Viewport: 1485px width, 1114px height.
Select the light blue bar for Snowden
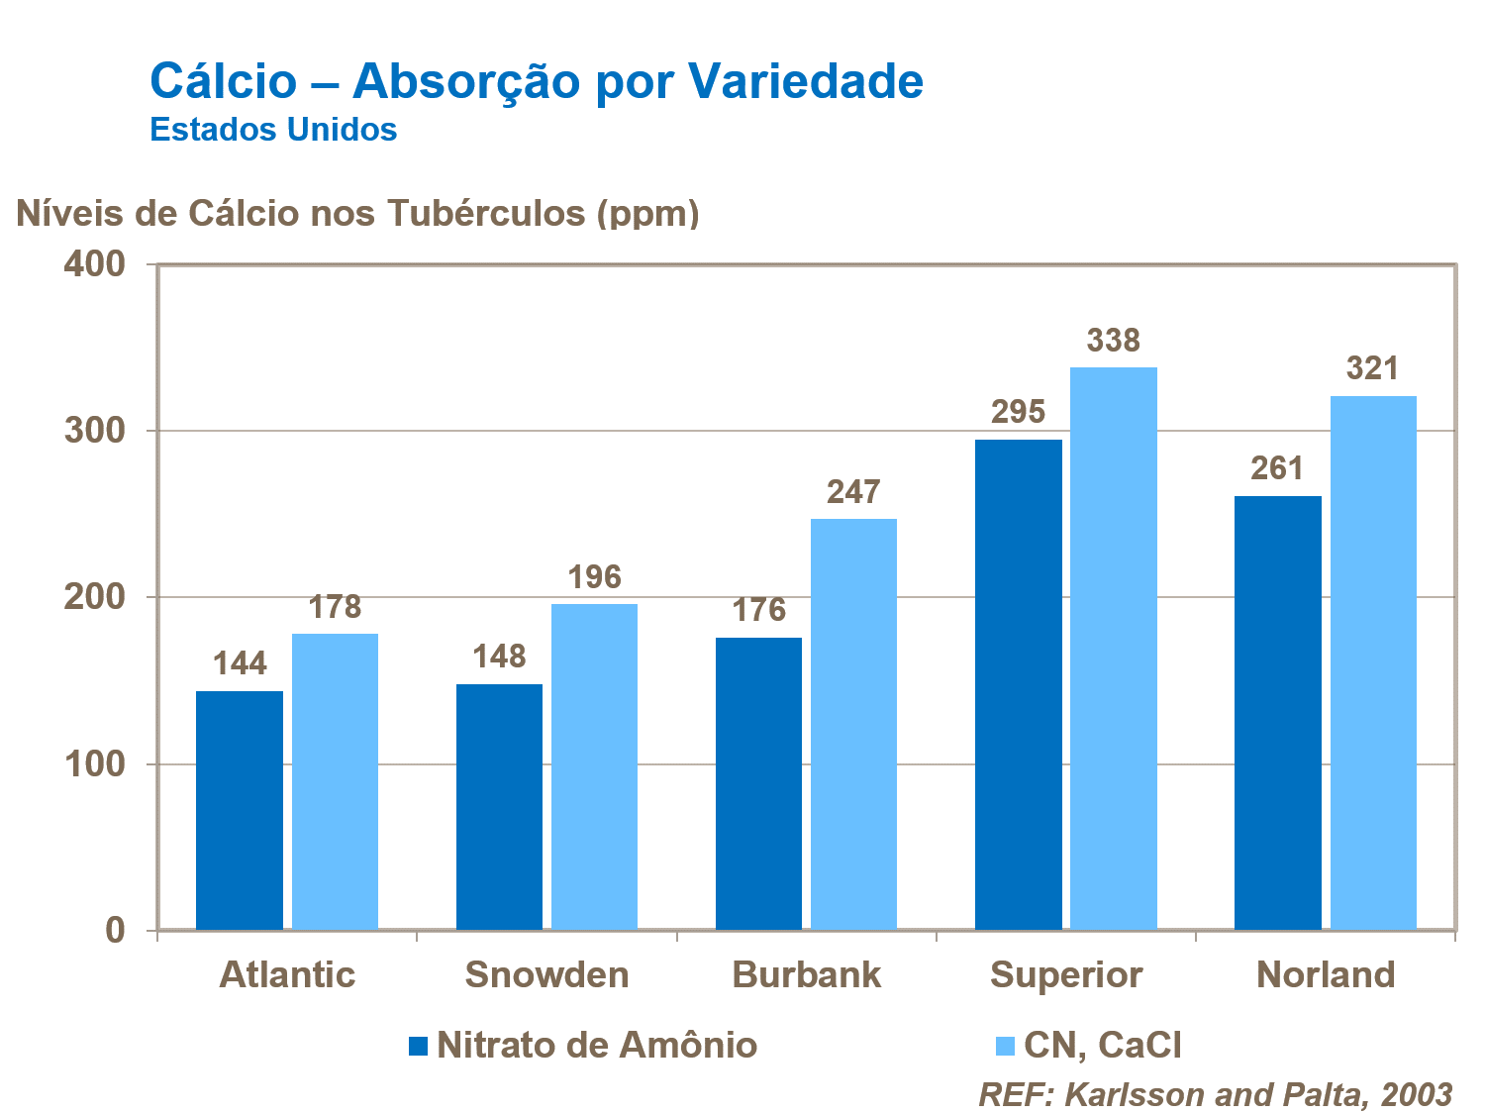point(594,766)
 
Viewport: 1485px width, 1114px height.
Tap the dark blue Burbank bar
point(758,783)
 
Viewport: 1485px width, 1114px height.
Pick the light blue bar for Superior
point(1114,648)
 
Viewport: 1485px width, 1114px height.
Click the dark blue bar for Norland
point(1277,712)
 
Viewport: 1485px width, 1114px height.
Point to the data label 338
point(1114,341)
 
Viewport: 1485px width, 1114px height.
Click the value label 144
point(240,663)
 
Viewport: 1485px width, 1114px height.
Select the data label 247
point(853,492)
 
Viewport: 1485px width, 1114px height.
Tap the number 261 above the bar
point(1277,468)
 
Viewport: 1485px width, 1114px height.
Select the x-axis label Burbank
point(806,975)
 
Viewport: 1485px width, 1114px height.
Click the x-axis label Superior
point(1066,975)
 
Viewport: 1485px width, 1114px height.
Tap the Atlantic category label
point(287,975)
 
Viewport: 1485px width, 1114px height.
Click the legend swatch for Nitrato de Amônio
point(418,1046)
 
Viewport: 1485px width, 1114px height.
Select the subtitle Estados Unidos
point(273,130)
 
